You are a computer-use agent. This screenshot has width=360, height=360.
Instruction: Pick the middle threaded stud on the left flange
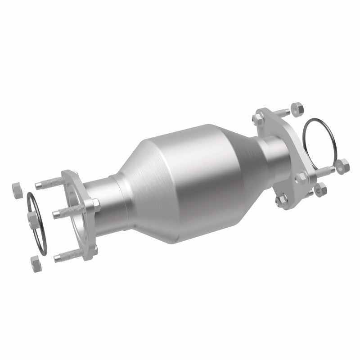63,212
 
